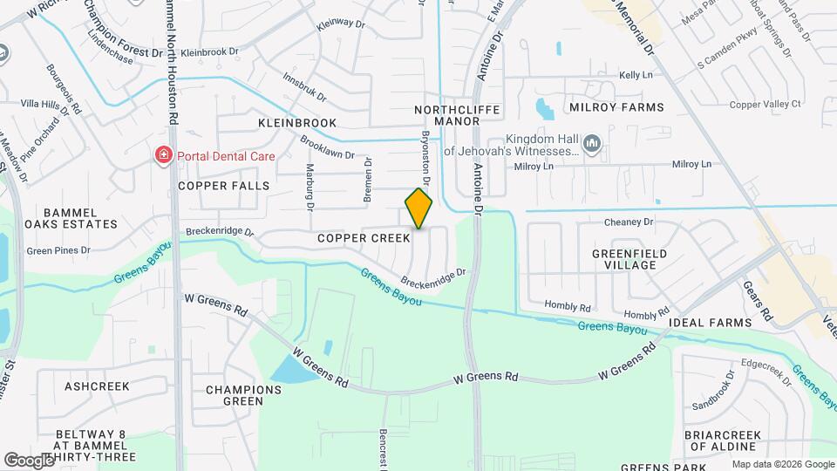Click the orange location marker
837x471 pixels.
point(418,208)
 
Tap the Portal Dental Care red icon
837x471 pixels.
point(162,156)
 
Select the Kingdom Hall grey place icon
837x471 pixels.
point(592,142)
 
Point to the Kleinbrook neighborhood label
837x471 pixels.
point(297,123)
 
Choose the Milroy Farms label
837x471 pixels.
point(616,107)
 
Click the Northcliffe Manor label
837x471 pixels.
point(446,115)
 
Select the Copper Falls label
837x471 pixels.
point(224,186)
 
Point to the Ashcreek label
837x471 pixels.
point(97,386)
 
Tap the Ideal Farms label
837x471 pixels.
point(710,323)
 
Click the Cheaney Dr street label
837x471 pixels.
point(629,222)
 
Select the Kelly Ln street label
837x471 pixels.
point(635,76)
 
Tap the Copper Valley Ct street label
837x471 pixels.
point(765,104)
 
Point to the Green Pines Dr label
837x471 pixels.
point(58,250)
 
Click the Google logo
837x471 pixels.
point(29,460)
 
